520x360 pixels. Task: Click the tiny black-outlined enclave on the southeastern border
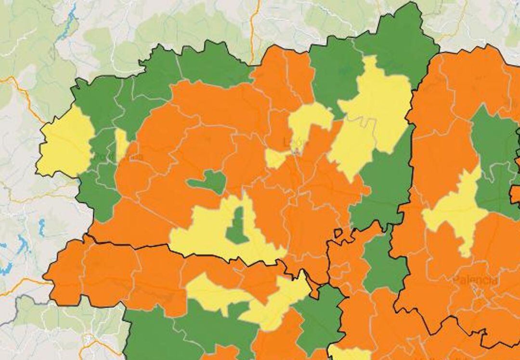point(338,233)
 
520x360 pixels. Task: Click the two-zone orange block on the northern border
point(284,77)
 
